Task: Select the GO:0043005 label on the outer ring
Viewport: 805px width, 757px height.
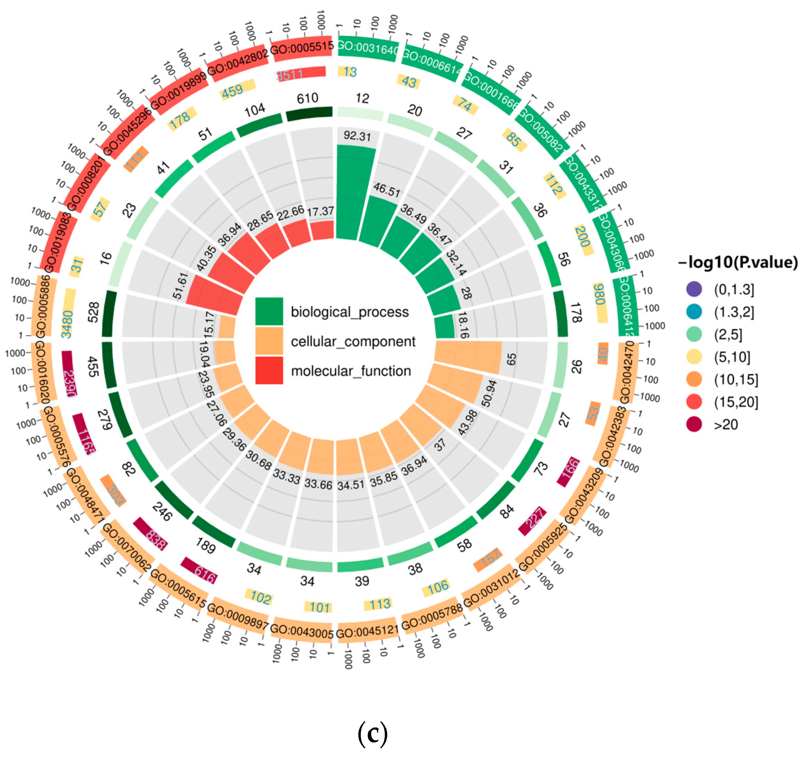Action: coord(302,631)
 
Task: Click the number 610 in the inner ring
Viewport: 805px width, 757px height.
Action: coord(307,98)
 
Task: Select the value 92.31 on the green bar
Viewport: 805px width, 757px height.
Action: coord(357,136)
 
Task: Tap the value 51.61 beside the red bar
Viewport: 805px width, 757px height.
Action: coord(181,286)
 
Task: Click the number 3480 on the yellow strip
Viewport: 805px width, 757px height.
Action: coord(67,324)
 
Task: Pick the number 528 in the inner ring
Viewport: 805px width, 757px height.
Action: coord(93,312)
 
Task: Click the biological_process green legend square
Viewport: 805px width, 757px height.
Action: coord(269,311)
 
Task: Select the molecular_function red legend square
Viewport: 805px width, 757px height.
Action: coord(269,370)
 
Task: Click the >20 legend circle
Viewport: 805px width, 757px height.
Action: coord(694,424)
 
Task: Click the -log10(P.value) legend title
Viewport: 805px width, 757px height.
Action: coord(738,262)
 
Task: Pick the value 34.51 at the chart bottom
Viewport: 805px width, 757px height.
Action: coord(351,484)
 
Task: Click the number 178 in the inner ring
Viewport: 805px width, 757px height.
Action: coord(575,312)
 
